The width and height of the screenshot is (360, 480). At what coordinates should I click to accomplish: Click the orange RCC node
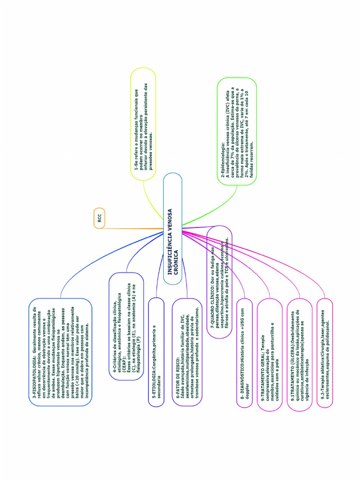point(99,217)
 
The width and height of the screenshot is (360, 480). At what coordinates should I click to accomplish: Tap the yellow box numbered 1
point(142,123)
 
